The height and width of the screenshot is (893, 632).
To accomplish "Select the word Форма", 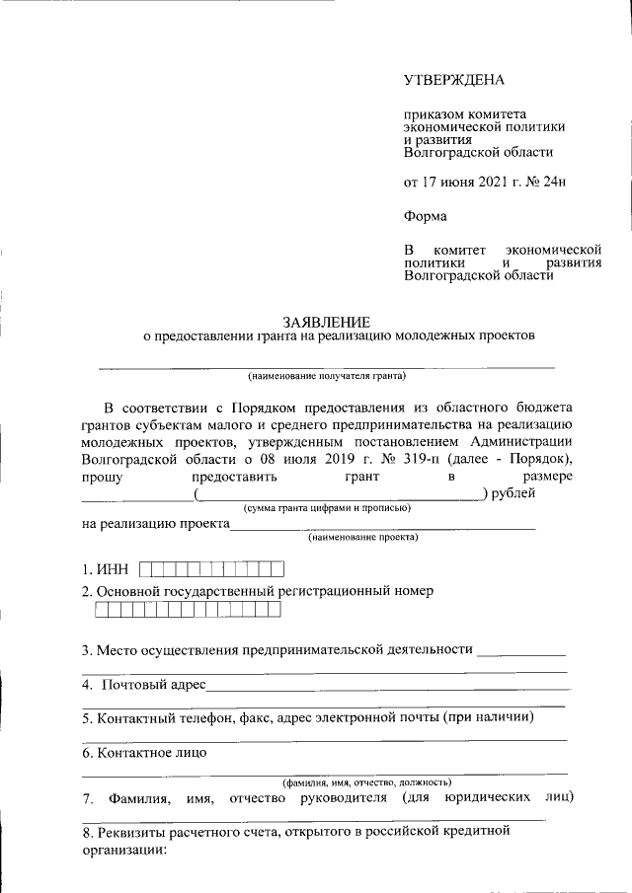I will point(426,216).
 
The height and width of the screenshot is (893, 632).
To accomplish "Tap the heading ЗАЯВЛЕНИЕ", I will point(326,322).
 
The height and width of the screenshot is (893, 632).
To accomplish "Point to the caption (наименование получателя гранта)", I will point(327,376).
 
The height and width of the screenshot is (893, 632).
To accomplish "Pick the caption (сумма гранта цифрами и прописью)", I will point(327,507).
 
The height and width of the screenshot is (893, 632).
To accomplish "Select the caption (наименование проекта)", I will point(362,538).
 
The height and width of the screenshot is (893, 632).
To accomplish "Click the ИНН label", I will point(113,569).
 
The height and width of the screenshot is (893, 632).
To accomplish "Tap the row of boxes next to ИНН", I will point(211,569).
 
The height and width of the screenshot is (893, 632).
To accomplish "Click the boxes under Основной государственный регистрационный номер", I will point(188,610).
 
